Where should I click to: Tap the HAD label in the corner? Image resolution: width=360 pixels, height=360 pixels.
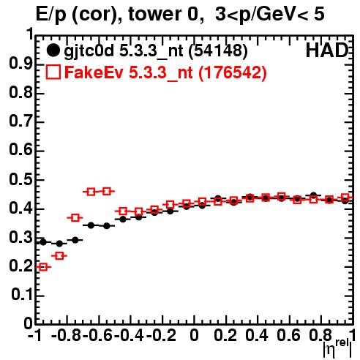[x=327, y=50]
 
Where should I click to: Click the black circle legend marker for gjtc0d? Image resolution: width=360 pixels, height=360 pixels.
[x=53, y=50]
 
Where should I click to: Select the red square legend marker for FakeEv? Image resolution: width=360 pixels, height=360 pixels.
[x=53, y=72]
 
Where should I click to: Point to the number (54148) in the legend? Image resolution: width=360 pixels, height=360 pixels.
[x=218, y=50]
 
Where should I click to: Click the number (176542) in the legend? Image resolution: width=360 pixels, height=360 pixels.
[x=233, y=72]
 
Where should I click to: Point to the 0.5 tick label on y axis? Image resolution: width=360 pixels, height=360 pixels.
[x=21, y=179]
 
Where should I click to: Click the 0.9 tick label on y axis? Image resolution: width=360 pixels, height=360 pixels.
[x=21, y=64]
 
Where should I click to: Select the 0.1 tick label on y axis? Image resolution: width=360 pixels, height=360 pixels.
[x=22, y=295]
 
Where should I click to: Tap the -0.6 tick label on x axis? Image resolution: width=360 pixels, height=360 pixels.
[x=97, y=335]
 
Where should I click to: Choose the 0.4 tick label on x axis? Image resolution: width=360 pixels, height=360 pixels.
[x=257, y=335]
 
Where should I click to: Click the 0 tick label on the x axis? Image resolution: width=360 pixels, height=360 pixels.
[x=194, y=335]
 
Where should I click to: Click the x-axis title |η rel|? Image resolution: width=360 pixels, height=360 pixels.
[x=337, y=348]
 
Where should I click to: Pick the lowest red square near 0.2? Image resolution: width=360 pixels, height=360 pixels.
[x=43, y=267]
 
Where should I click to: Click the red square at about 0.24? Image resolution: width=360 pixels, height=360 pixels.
[x=59, y=256]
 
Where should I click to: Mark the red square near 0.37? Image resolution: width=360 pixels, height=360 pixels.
[x=75, y=217]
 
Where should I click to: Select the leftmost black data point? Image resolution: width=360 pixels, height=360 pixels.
[x=43, y=242]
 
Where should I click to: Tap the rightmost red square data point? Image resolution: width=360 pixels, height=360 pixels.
[x=345, y=198]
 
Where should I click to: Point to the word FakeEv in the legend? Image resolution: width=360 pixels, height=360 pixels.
[x=94, y=72]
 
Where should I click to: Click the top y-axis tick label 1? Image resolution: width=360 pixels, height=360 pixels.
[x=30, y=34]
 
